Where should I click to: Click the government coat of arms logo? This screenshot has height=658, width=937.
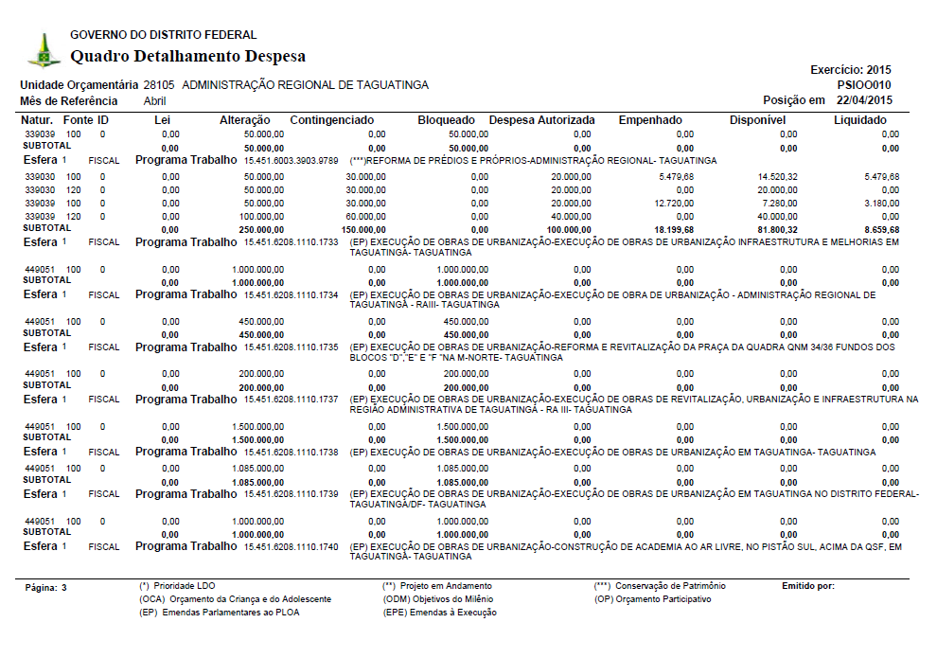click(x=43, y=50)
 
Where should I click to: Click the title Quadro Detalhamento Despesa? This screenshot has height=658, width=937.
click(x=188, y=56)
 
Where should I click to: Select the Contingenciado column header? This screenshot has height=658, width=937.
click(x=332, y=120)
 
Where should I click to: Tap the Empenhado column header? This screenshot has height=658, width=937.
click(x=649, y=120)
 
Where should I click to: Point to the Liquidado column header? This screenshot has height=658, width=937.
click(x=859, y=120)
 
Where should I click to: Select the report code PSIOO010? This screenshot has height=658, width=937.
click(x=864, y=85)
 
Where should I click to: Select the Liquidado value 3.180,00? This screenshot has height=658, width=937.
click(x=880, y=203)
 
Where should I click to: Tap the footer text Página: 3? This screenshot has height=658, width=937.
click(x=46, y=588)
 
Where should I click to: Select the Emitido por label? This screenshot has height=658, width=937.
click(x=807, y=586)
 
